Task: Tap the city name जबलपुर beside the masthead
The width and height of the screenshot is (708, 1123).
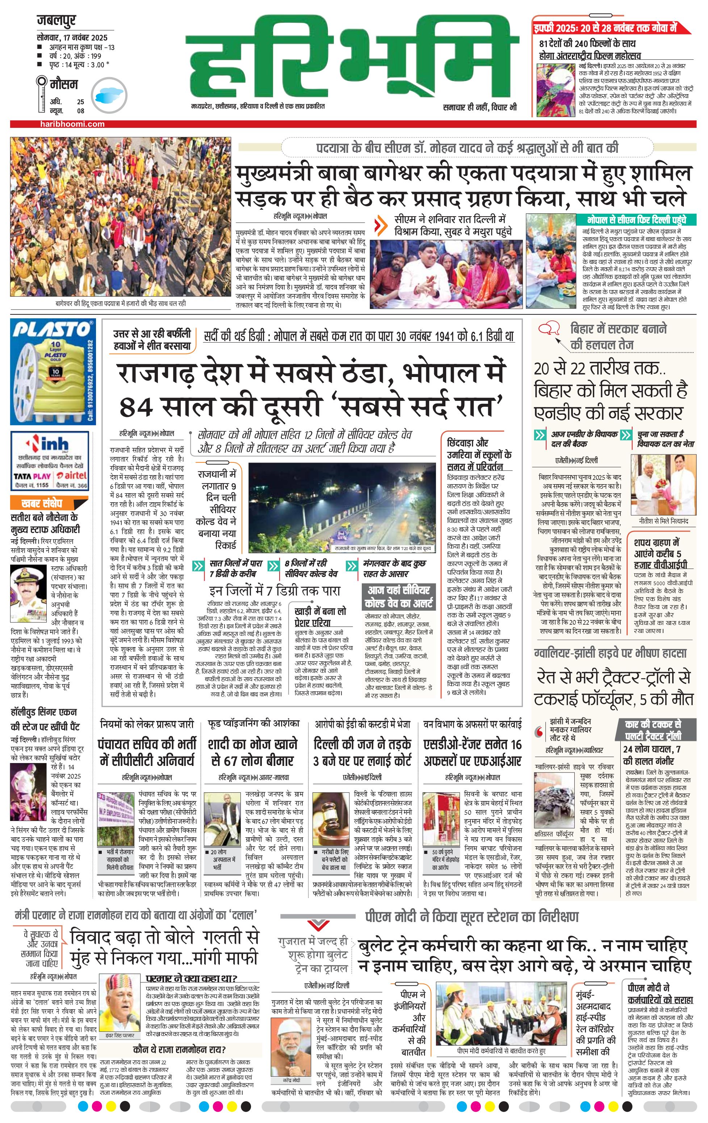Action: pyautogui.click(x=56, y=21)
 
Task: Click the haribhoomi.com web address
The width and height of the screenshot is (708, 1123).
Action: pyautogui.click(x=72, y=124)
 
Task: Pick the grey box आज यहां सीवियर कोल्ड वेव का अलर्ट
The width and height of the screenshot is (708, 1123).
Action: pyautogui.click(x=399, y=597)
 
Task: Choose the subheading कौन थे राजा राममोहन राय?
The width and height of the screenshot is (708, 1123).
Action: pyautogui.click(x=179, y=1049)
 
